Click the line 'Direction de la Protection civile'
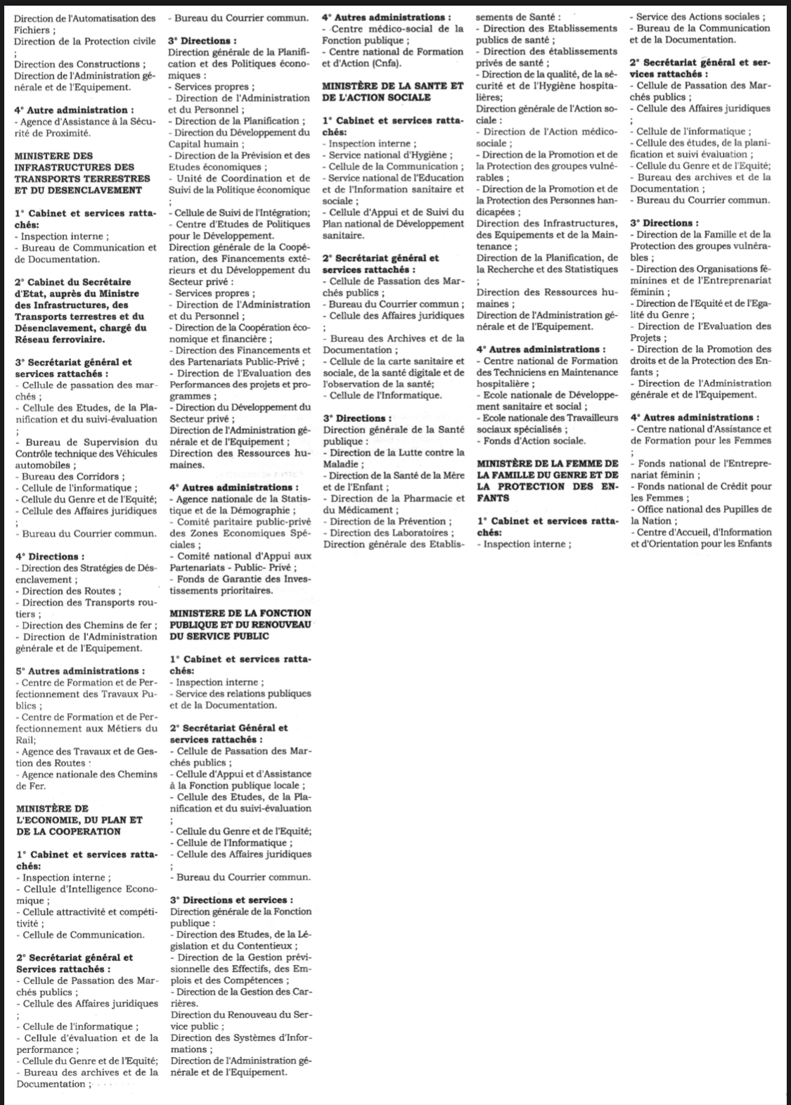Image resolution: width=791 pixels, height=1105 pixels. pos(84,41)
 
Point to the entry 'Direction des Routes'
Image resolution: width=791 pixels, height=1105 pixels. pos(71,591)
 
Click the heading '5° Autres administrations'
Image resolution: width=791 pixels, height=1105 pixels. pos(80,670)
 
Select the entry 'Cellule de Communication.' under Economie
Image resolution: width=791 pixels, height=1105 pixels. pos(83,935)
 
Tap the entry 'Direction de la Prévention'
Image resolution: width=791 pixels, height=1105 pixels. pos(387,521)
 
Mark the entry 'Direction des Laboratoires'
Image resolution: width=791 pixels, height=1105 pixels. pos(391,532)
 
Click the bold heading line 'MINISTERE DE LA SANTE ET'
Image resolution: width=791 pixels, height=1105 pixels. pos(392,86)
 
